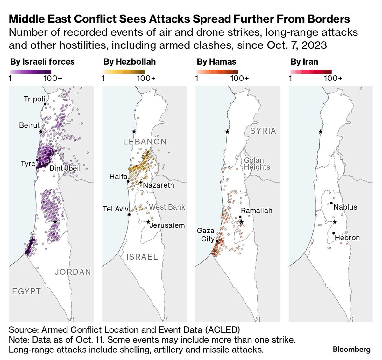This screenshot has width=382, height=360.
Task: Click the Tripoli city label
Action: point(34,99)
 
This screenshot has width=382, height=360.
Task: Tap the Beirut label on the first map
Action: point(30,125)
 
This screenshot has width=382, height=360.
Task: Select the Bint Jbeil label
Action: point(65,168)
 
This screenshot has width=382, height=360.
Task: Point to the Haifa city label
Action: point(118,177)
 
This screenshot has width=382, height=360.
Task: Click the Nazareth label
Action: point(159,185)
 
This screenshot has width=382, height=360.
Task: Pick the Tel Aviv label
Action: point(116,209)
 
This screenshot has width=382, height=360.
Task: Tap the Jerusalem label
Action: point(167,225)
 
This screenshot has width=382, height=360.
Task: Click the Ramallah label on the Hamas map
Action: point(257,211)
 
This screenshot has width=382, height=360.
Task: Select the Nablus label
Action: point(345,207)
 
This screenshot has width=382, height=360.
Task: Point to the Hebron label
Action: point(347,238)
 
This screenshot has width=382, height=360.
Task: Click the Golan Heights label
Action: point(257,164)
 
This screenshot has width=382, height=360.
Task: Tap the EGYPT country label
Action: point(26,291)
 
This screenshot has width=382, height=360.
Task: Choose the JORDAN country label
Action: point(73,272)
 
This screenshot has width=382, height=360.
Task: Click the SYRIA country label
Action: point(263,131)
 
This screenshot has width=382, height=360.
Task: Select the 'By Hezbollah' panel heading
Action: point(130,62)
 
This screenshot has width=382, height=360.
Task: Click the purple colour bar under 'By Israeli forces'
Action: point(31,72)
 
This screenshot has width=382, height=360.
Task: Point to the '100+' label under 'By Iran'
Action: point(333,78)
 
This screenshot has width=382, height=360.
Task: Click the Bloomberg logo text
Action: point(351,350)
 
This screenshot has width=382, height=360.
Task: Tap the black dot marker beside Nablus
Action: point(331,203)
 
